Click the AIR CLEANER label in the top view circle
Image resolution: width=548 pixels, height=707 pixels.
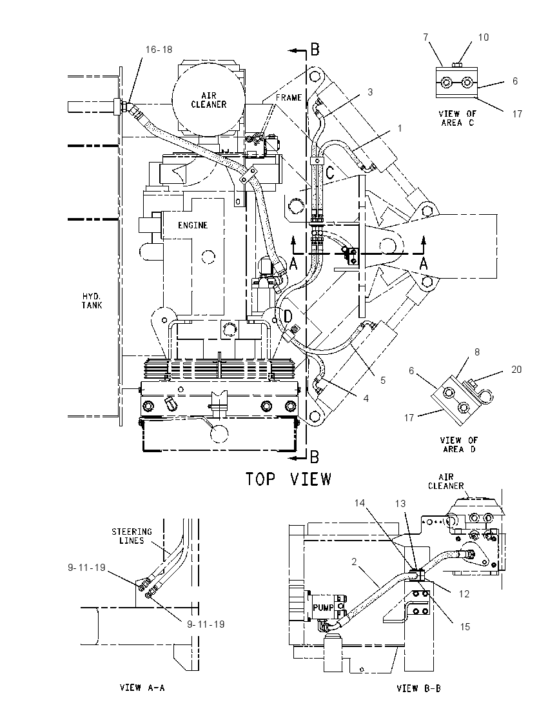pyautogui.click(x=208, y=99)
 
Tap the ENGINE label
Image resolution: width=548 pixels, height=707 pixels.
pyautogui.click(x=192, y=225)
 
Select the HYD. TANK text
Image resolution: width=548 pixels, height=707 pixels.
pyautogui.click(x=92, y=301)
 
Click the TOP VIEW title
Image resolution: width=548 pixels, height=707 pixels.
pyautogui.click(x=288, y=479)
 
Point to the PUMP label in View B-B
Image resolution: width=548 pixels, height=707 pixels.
pyautogui.click(x=323, y=608)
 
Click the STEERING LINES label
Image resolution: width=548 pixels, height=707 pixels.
pyautogui.click(x=132, y=536)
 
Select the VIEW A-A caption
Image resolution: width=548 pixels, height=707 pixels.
pyautogui.click(x=142, y=688)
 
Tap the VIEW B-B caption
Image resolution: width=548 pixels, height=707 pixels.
pyautogui.click(x=418, y=688)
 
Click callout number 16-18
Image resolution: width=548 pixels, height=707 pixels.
pyautogui.click(x=159, y=49)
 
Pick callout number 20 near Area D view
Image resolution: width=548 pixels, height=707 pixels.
pyautogui.click(x=516, y=369)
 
